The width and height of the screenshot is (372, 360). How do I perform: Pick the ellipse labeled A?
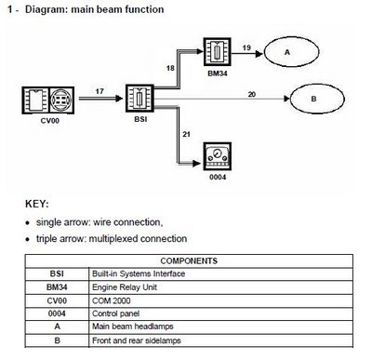coord(287,53)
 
